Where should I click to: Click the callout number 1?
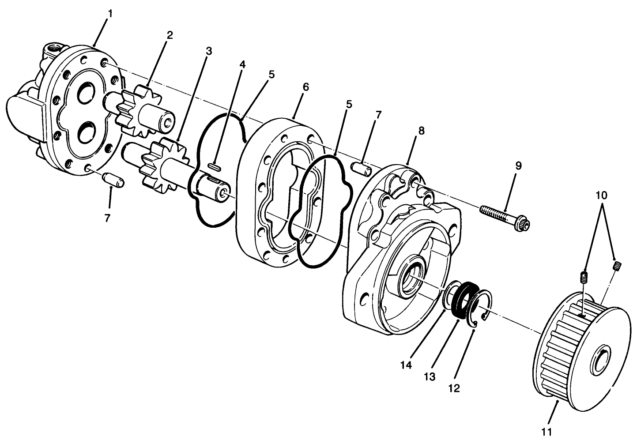point(110,14)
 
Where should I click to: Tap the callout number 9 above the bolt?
point(518,166)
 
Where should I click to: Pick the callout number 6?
point(305,87)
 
